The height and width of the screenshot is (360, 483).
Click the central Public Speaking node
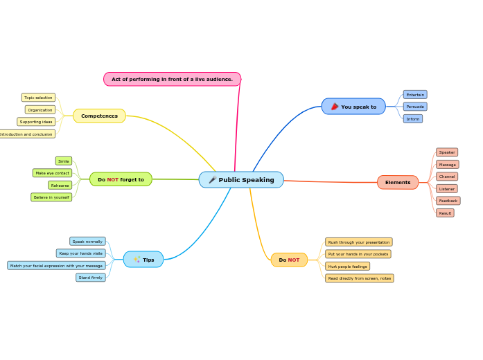pyautogui.click(x=241, y=180)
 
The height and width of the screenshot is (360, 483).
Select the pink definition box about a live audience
pyautogui.click(x=172, y=80)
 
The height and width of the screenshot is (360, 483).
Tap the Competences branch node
pyautogui.click(x=99, y=116)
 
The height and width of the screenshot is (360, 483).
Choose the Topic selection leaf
pyautogui.click(x=38, y=98)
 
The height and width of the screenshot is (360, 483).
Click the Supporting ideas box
pyautogui.click(x=36, y=122)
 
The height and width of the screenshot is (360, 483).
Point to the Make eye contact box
pyautogui.click(x=53, y=173)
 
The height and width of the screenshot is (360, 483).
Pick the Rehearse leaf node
pyautogui.click(x=60, y=186)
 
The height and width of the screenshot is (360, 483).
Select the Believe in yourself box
pyautogui.click(x=51, y=197)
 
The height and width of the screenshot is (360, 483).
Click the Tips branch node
pyautogui.click(x=143, y=260)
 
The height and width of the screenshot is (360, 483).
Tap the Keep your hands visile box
pyautogui.click(x=81, y=253)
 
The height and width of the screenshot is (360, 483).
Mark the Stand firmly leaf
pyautogui.click(x=91, y=278)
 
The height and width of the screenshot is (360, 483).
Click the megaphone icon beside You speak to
pyautogui.click(x=335, y=107)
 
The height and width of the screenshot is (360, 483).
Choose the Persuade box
pyautogui.click(x=415, y=107)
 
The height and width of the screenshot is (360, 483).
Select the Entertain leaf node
pyautogui.click(x=415, y=95)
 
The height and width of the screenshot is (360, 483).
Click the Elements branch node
pyautogui.click(x=398, y=183)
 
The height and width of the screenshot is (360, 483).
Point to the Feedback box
pyautogui.click(x=448, y=201)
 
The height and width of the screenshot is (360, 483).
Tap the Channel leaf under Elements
pyautogui.click(x=447, y=177)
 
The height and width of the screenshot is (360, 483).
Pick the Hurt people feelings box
pyautogui.click(x=347, y=267)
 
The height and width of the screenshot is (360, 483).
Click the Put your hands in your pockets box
pyautogui.click(x=358, y=254)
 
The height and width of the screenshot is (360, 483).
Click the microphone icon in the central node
pyautogui.click(x=212, y=180)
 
